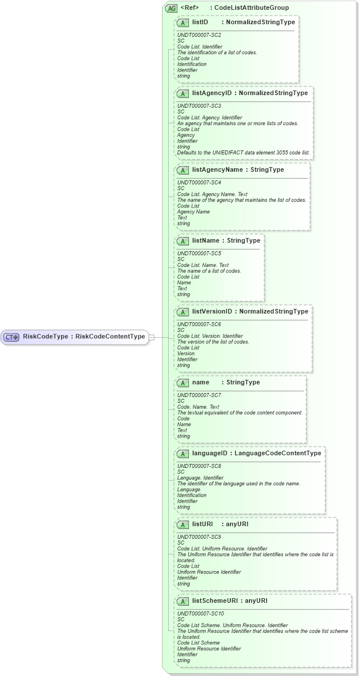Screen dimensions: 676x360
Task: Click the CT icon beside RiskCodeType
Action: (x=12, y=337)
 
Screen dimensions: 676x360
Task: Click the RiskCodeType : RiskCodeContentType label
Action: (x=84, y=337)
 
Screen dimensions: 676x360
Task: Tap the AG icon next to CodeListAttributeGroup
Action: (x=171, y=8)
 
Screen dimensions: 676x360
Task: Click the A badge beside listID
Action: (x=183, y=22)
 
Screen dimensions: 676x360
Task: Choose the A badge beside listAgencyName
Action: (x=183, y=170)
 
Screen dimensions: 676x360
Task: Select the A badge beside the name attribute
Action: (x=183, y=383)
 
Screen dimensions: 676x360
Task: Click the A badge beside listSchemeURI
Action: (x=183, y=601)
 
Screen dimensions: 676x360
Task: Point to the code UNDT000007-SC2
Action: (x=199, y=35)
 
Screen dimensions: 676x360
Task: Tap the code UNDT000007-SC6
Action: (x=199, y=324)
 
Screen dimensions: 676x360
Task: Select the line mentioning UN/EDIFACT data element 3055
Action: (x=243, y=153)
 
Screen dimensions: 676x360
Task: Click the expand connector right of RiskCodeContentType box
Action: (x=151, y=337)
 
